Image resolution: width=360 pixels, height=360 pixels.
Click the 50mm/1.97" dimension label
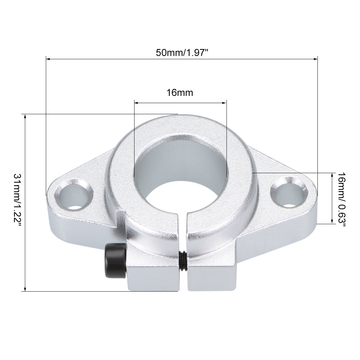point(182,53)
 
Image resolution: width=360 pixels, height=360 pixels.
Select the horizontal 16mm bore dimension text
point(180,93)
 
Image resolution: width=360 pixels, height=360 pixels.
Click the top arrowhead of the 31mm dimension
point(25,116)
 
